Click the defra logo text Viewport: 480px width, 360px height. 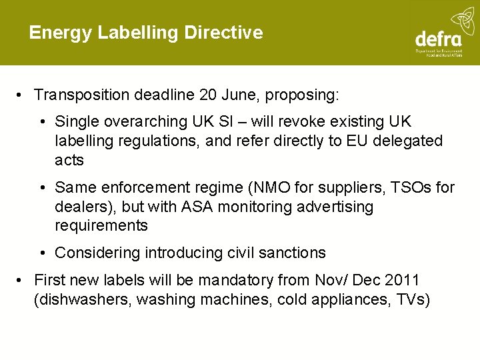point(438,39)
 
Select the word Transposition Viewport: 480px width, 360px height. point(81,95)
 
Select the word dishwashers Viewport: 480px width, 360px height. point(83,299)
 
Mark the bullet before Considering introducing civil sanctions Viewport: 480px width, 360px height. point(42,253)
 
